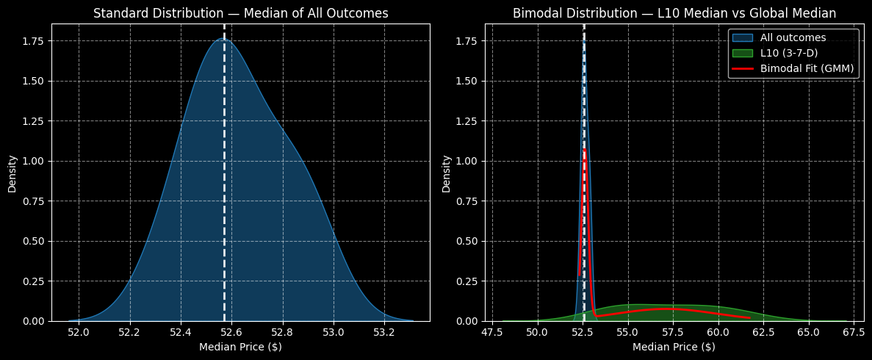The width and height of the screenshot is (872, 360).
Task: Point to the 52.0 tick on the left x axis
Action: [79, 332]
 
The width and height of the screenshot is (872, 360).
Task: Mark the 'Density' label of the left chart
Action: [12, 173]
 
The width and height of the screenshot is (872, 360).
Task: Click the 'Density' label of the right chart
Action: [446, 173]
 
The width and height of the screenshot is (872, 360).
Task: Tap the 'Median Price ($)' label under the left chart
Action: [240, 347]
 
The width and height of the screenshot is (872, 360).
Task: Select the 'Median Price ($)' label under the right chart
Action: [674, 347]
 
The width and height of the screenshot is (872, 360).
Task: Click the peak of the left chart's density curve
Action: [223, 39]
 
